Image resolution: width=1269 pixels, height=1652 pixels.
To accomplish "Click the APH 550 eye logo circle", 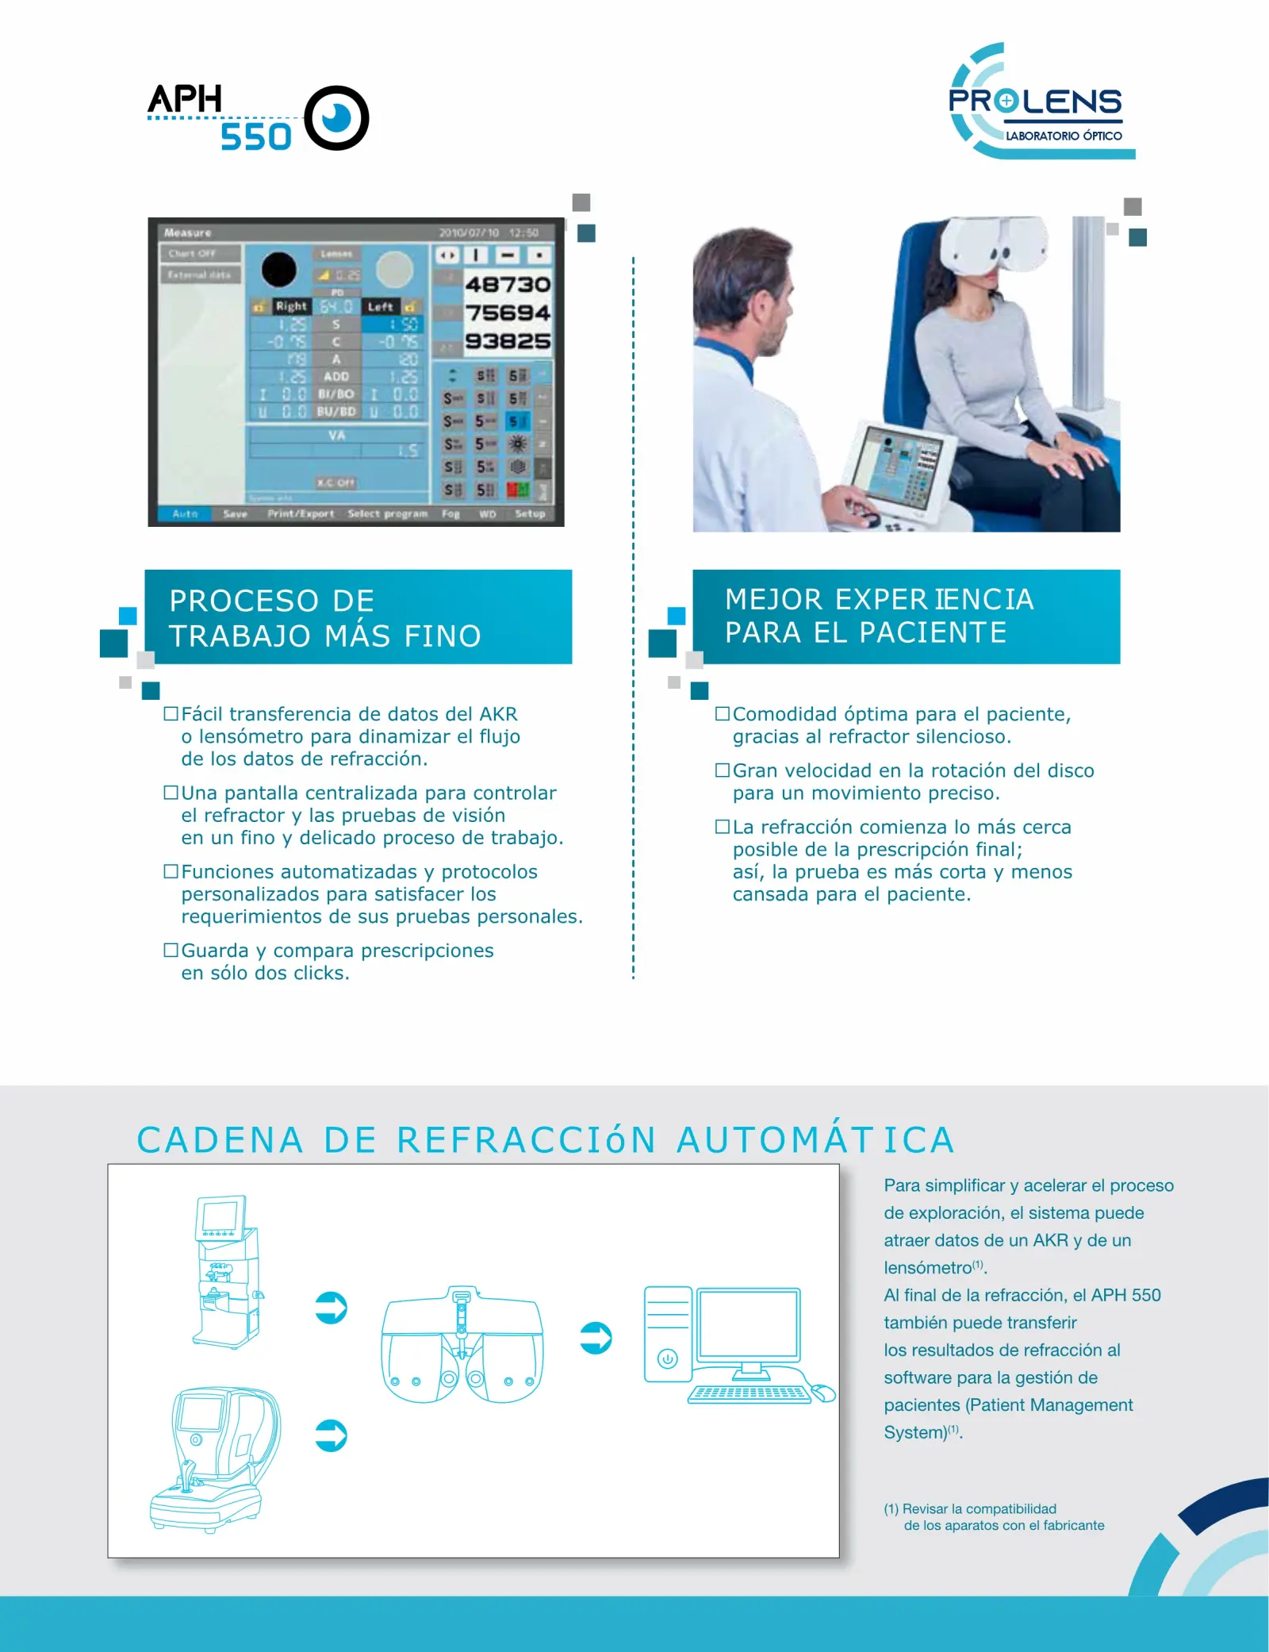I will point(336,118).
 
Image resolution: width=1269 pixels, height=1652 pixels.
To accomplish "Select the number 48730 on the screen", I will point(508,284).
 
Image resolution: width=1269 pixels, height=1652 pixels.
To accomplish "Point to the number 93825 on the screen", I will point(508,341).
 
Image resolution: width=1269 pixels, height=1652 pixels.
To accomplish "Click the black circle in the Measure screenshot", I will point(279,270).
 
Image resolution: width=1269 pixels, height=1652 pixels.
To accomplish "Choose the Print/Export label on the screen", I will point(301,514).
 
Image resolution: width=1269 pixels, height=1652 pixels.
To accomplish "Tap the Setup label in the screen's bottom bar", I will point(530,514).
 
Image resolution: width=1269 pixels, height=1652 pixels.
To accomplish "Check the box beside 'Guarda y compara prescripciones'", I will point(171,950).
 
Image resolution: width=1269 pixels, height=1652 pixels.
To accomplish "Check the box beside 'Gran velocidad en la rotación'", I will point(722,770).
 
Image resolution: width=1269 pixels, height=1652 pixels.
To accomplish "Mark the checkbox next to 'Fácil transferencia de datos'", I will point(171,713).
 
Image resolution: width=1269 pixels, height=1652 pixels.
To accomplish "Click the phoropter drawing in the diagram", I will point(462,1346).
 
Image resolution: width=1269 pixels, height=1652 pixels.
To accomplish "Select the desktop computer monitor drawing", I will point(748,1325).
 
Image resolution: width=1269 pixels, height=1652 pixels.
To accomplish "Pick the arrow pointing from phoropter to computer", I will point(596,1338).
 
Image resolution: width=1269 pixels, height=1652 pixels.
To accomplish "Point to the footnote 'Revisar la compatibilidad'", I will point(995,1517).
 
